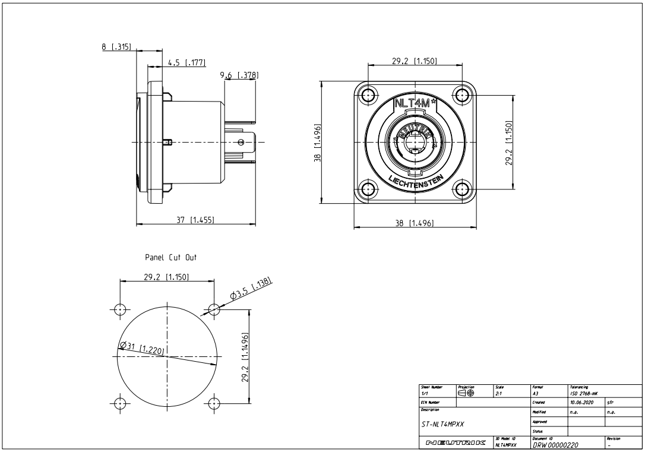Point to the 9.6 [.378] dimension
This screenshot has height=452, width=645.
coord(239,75)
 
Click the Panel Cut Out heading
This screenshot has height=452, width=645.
coord(170,258)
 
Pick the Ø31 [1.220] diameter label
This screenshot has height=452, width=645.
coord(142,347)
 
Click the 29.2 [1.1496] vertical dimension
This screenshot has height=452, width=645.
coord(245,357)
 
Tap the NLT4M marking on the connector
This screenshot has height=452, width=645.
coord(415,102)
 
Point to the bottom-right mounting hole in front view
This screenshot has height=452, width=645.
coord(462,189)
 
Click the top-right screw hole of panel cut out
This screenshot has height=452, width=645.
coord(213,309)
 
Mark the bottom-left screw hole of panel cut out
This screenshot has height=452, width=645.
coord(121,403)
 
